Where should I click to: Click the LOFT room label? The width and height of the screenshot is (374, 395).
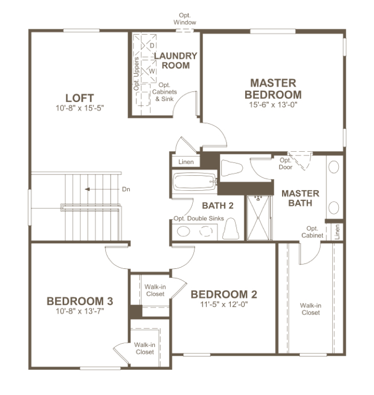tap(80, 98)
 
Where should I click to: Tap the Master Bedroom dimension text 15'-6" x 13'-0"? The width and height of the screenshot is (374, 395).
tap(273, 105)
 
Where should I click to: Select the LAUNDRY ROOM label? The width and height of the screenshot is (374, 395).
tap(176, 60)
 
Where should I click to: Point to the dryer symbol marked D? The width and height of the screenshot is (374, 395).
tap(149, 45)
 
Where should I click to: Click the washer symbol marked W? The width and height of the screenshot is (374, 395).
tap(149, 71)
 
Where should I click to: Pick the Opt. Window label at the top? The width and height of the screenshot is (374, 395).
tap(185, 19)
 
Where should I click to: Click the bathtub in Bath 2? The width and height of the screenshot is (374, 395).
tap(194, 182)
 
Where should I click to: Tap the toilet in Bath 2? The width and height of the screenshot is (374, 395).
tap(230, 229)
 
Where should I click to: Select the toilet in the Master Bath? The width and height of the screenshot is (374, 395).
tap(232, 168)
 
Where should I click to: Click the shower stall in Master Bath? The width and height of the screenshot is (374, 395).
tap(259, 218)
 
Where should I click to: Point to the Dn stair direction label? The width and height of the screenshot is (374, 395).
tap(126, 189)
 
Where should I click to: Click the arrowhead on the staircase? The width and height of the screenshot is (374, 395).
tap(87, 189)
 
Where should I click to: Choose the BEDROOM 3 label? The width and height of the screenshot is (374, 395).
tap(80, 301)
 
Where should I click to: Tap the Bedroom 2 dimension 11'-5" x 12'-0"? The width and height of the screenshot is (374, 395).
tap(224, 305)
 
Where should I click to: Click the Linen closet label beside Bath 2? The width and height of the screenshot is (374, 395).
tap(186, 162)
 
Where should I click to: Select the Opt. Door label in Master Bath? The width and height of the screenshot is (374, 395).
tap(285, 164)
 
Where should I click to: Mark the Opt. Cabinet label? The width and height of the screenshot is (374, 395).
tap(312, 232)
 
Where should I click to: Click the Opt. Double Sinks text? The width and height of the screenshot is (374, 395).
tap(199, 219)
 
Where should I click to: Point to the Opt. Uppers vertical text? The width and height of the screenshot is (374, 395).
tap(136, 74)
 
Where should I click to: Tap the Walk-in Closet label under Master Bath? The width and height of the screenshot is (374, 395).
tap(310, 309)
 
